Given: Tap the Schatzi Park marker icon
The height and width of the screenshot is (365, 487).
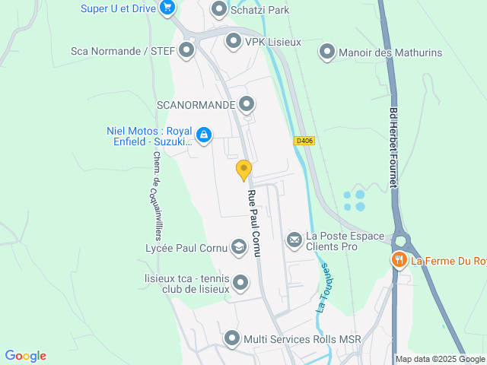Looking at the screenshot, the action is coord(219,9).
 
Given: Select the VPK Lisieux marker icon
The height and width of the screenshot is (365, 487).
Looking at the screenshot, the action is coord(233,41).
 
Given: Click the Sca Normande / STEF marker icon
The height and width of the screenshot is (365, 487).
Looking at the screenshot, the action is coord(186,51).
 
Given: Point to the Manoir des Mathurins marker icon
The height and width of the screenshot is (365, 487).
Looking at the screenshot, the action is coord(327,52).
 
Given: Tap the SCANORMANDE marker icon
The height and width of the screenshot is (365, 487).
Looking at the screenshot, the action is coord(246,104).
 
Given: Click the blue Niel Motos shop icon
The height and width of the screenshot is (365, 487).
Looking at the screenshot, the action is coord(203,136).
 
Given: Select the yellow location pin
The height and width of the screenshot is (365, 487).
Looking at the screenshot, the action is coord(243,169).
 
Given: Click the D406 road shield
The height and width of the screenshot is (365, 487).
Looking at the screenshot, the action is coord(304,141).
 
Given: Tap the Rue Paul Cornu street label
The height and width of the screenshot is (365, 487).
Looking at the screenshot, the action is coord(253,223).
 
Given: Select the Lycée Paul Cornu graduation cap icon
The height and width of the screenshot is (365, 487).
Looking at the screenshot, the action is coord(239,247).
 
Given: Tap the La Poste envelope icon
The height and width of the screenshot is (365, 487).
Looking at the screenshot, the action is coord(294,240).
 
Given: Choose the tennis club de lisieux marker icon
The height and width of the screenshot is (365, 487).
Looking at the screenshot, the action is coord(240,284).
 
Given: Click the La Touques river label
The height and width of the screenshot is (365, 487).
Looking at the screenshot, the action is coord(323,287).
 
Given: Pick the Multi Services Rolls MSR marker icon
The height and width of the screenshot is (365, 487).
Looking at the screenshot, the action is coord(232,338).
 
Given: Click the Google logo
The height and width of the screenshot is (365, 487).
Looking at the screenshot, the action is coord(25,356).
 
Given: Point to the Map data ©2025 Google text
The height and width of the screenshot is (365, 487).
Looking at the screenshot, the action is coord(440,359).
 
